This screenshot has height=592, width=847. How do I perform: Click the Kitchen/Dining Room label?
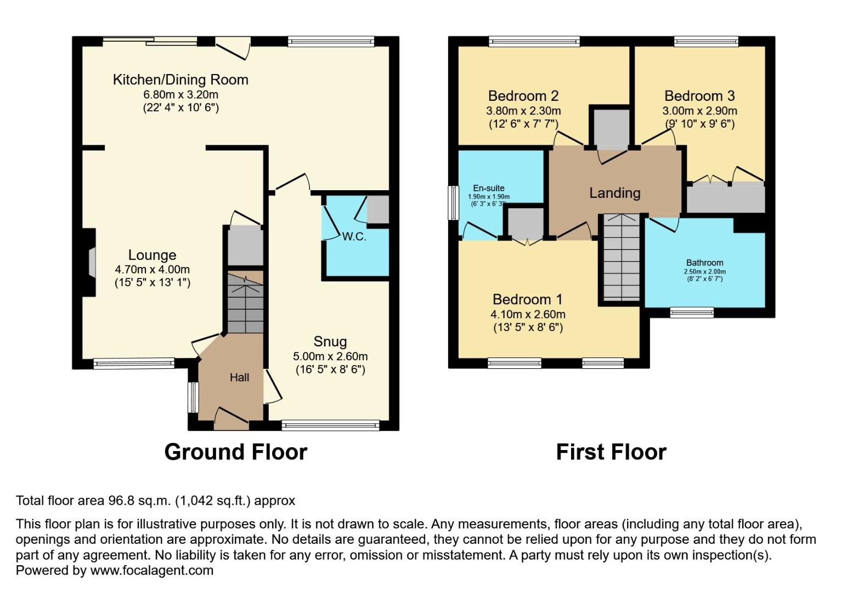pyautogui.click(x=180, y=80)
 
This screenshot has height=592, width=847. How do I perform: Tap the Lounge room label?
pyautogui.click(x=152, y=255)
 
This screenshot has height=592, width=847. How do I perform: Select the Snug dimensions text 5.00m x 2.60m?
pyautogui.click(x=330, y=356)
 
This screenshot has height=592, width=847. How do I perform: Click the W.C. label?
pyautogui.click(x=354, y=237)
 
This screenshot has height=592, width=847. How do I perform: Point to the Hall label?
pyautogui.click(x=239, y=377)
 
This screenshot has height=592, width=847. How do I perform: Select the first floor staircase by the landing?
pyautogui.click(x=622, y=258)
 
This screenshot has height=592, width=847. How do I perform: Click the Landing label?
pyautogui.click(x=614, y=193)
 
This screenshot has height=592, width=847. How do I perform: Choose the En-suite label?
pyautogui.click(x=488, y=188)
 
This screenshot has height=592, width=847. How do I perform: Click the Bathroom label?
pyautogui.click(x=704, y=263)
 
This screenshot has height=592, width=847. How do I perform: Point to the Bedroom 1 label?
pyautogui.click(x=527, y=299)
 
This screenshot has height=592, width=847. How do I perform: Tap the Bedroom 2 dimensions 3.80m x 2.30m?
pyautogui.click(x=523, y=111)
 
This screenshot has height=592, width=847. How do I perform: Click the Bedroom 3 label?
pyautogui.click(x=699, y=96)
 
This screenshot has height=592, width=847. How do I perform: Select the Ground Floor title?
pyautogui.click(x=235, y=452)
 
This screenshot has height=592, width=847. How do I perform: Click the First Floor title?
pyautogui.click(x=611, y=452)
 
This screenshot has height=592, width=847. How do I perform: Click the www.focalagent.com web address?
pyautogui.click(x=151, y=570)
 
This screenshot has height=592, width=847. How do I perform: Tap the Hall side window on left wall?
pyautogui.click(x=193, y=397)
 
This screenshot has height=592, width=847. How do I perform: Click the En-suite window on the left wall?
pyautogui.click(x=453, y=203)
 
